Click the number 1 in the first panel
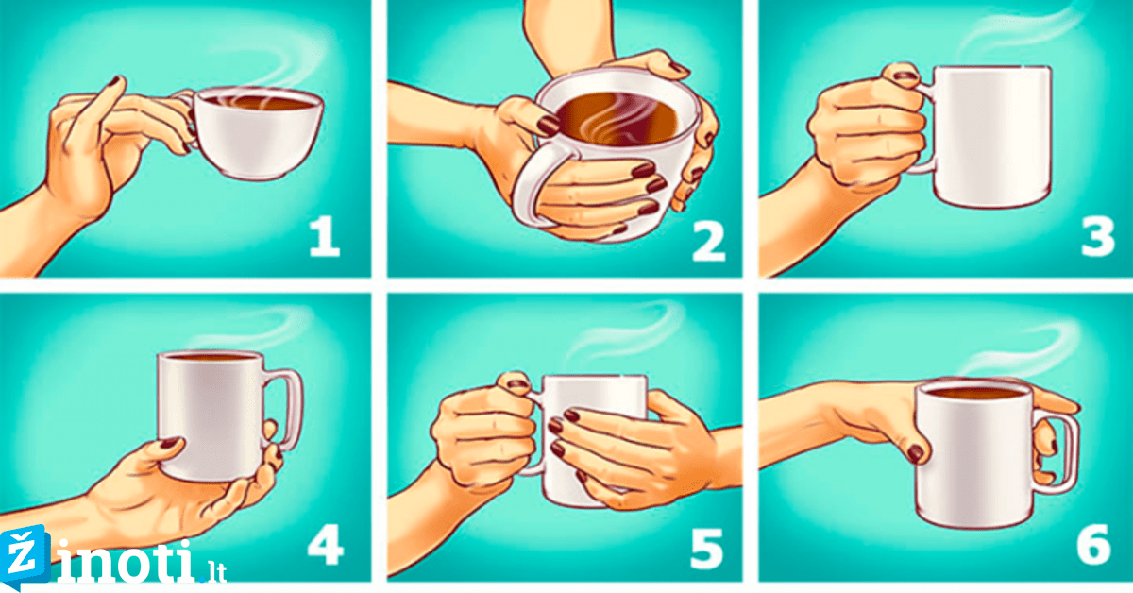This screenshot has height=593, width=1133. (324, 236)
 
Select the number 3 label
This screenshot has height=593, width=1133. (1097, 236)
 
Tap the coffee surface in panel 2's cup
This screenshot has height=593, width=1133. (617, 119)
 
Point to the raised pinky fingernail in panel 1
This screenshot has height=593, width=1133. (115, 81)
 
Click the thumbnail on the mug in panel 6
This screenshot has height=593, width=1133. (915, 453)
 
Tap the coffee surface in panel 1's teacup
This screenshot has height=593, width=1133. (259, 102)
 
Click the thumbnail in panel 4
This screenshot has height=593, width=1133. (169, 444)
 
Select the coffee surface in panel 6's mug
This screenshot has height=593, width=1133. (973, 394)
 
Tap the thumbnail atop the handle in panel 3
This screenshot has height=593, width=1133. (905, 76)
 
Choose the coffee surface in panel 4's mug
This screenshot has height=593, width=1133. (211, 356)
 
